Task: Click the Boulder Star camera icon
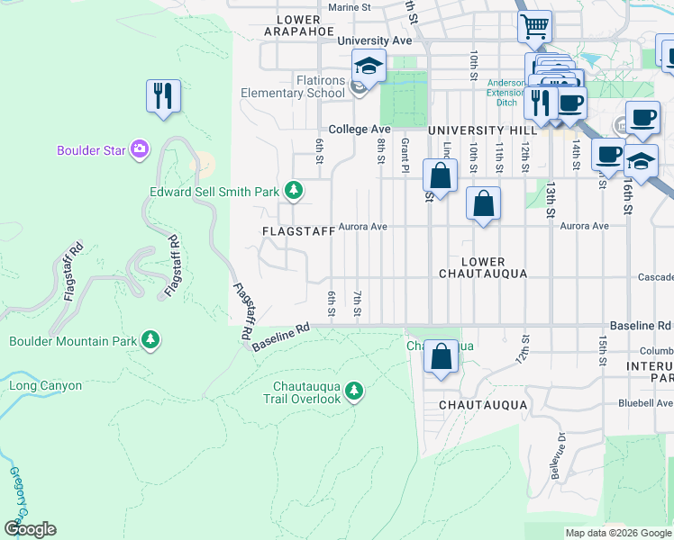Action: (x=140, y=149)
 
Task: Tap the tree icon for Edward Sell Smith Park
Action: (x=293, y=190)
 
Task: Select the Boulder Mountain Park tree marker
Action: (x=151, y=340)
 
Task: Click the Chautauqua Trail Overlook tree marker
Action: (x=354, y=391)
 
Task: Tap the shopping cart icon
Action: (x=535, y=27)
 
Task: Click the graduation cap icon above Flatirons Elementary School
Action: (x=368, y=66)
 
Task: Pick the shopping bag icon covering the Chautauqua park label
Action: (x=442, y=356)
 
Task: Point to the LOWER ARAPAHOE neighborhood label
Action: (x=293, y=25)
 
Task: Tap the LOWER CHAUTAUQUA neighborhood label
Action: (x=482, y=267)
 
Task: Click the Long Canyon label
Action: (x=45, y=386)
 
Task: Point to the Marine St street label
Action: (x=350, y=7)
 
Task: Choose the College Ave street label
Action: (x=359, y=130)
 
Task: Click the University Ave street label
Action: (x=375, y=41)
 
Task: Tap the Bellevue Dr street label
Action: (x=553, y=455)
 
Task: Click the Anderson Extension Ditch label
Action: (x=505, y=90)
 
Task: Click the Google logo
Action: (x=31, y=529)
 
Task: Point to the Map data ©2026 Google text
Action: (x=617, y=533)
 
